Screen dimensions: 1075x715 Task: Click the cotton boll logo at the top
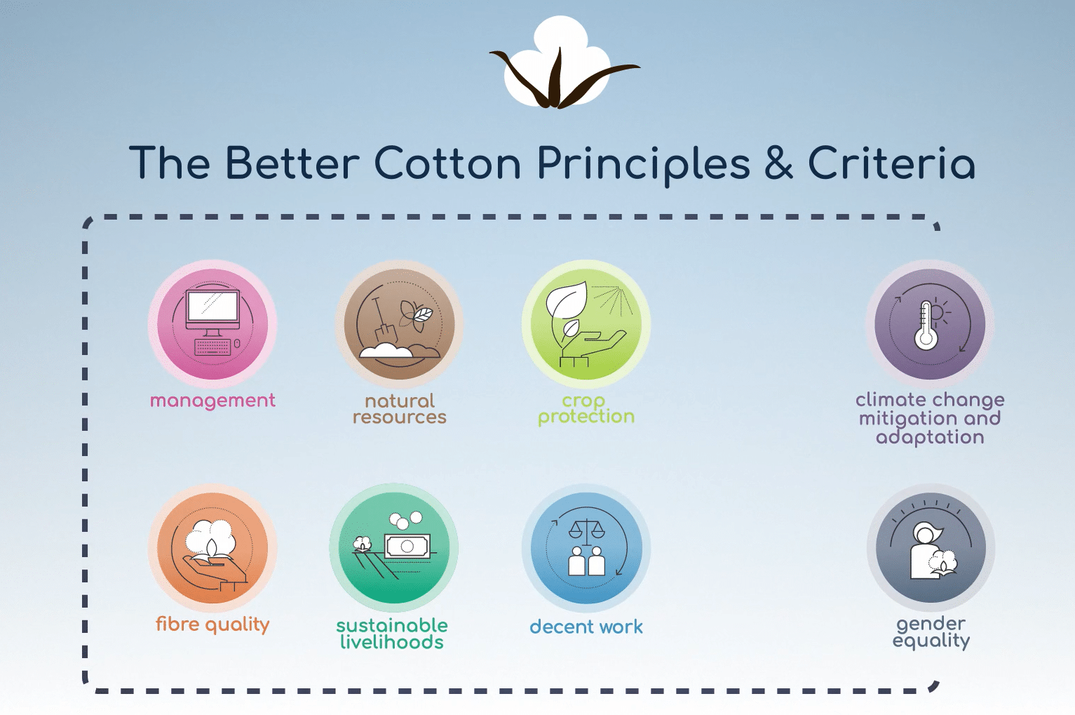click(564, 62)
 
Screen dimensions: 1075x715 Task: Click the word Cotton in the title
click(447, 163)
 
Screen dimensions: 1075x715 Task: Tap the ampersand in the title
click(778, 163)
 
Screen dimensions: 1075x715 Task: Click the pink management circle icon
click(212, 324)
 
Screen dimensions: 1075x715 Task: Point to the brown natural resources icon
click(399, 324)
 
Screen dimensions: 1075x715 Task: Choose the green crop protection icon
click(586, 324)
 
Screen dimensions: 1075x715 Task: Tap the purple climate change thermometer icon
click(930, 324)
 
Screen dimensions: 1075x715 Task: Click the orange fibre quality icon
click(212, 548)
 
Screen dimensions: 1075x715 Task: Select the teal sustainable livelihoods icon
click(394, 548)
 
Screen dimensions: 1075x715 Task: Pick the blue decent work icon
click(586, 548)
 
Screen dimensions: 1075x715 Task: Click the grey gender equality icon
click(931, 548)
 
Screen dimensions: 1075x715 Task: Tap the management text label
click(212, 401)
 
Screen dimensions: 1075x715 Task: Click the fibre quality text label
click(212, 624)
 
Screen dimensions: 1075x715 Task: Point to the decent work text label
click(586, 626)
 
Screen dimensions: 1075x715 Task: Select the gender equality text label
click(931, 632)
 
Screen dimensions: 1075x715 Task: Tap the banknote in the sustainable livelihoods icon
click(407, 546)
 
